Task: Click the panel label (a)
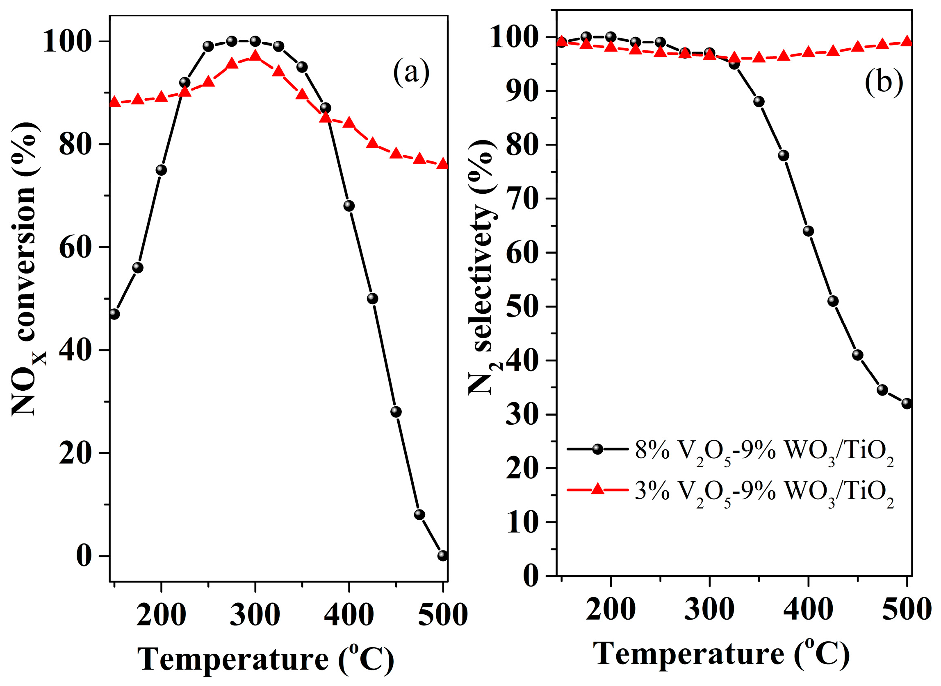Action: (411, 73)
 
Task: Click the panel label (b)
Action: (884, 82)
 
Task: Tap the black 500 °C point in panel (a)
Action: (443, 556)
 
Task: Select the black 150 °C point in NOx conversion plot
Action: (115, 314)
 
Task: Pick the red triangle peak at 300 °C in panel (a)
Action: (255, 56)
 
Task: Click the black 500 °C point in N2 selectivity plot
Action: (907, 404)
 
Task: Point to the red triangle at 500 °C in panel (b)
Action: (907, 41)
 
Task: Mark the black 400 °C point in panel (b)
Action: (808, 231)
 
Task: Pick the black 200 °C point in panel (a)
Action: (161, 170)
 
